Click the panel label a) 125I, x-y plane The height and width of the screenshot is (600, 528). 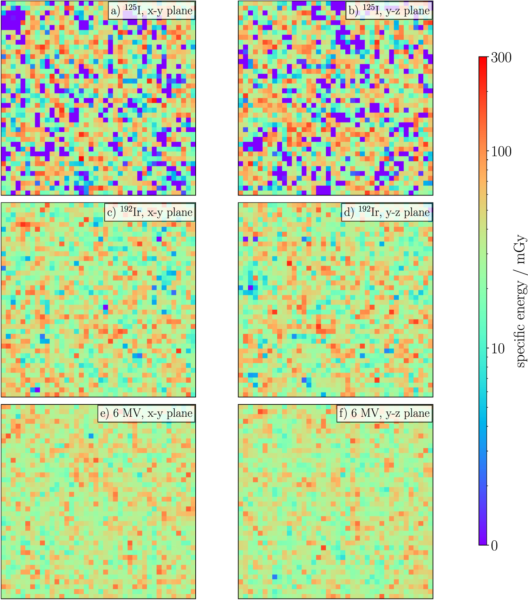(152, 11)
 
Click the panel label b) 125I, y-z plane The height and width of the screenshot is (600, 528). (389, 11)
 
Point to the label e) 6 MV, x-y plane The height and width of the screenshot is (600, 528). (146, 413)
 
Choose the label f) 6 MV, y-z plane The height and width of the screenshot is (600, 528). (384, 413)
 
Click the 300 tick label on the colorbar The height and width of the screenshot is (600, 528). (501, 58)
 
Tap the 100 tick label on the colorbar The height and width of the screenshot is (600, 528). (501, 152)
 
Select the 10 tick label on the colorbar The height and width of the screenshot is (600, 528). (498, 349)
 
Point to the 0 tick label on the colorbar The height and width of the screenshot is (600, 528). (494, 546)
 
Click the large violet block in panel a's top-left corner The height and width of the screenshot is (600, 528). (13, 19)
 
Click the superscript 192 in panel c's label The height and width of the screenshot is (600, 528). (126, 209)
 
